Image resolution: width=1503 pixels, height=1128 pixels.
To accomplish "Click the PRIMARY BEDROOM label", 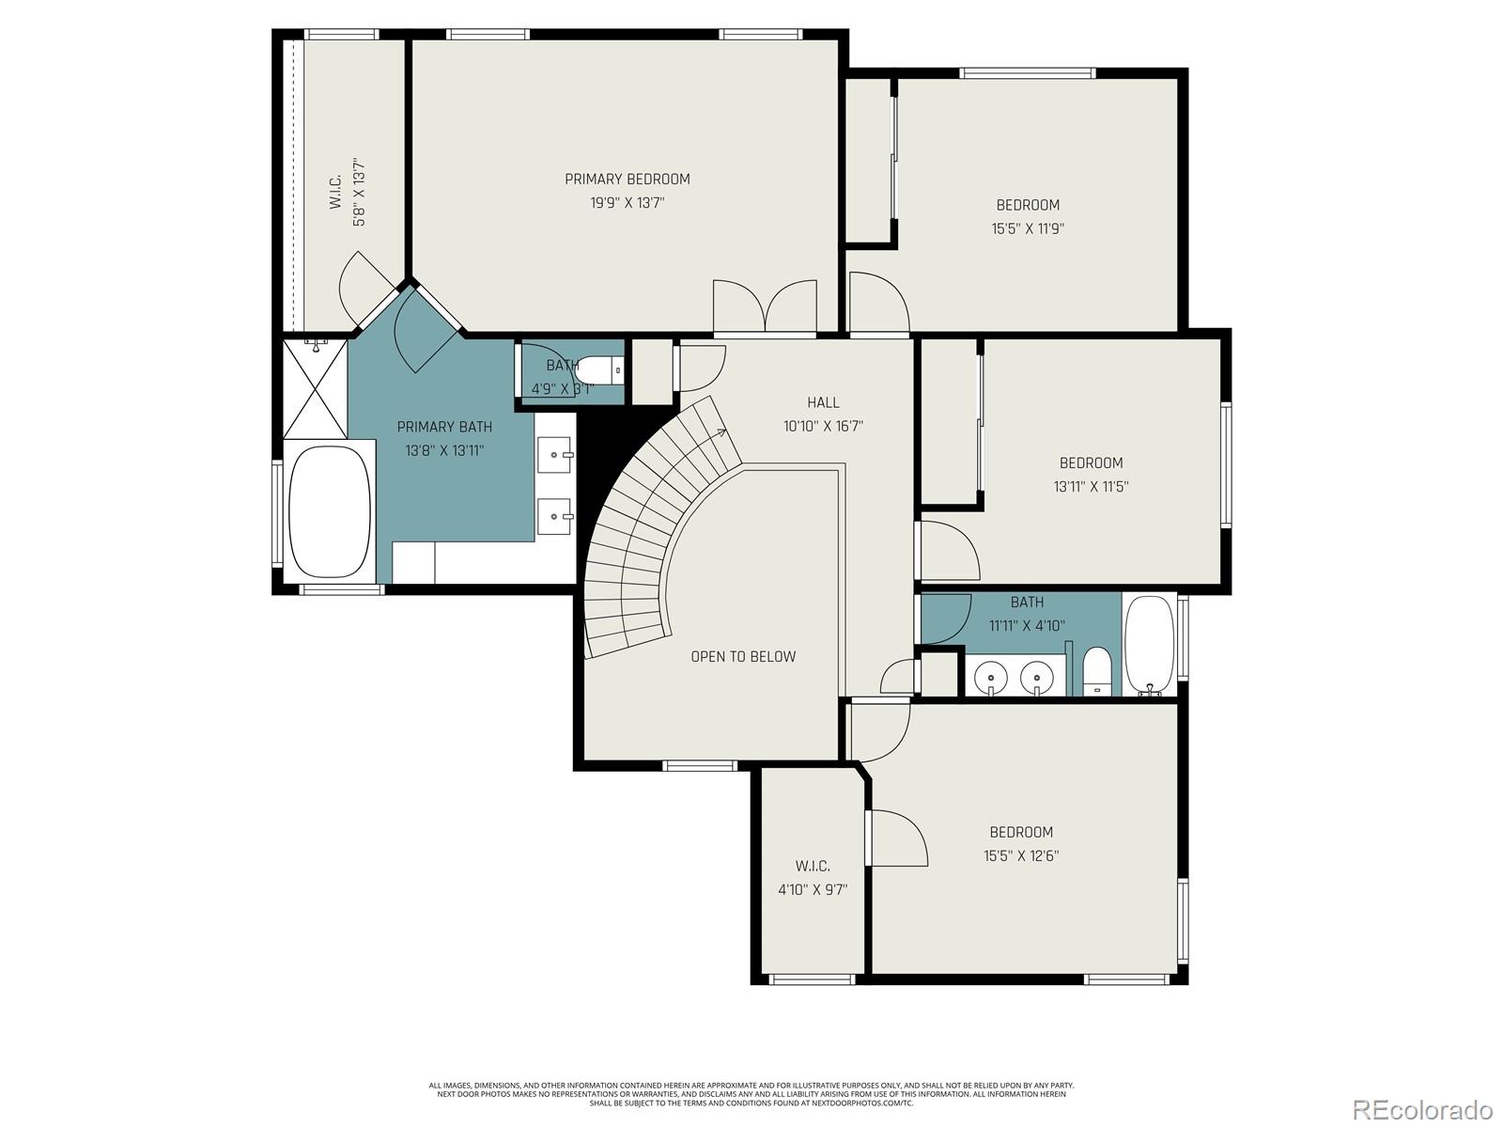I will (x=627, y=179).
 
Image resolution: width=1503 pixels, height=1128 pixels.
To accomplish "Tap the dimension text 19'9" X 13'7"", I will (x=627, y=202).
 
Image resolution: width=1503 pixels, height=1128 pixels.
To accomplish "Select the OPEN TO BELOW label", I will (x=743, y=656).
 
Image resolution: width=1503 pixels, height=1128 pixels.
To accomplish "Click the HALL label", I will (x=823, y=402).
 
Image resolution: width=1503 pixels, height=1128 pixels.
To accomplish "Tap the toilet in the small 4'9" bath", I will (x=600, y=370).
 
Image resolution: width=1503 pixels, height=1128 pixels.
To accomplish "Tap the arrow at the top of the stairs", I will (x=721, y=432).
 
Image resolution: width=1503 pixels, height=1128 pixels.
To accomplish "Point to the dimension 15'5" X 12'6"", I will (x=1021, y=855).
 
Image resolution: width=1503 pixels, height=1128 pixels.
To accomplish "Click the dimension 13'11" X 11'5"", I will (x=1091, y=486).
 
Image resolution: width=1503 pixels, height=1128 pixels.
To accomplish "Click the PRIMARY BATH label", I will (x=444, y=427).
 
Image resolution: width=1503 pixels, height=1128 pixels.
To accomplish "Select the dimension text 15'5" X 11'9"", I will (x=1028, y=227).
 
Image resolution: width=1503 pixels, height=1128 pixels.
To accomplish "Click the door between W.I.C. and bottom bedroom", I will (x=897, y=838).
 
